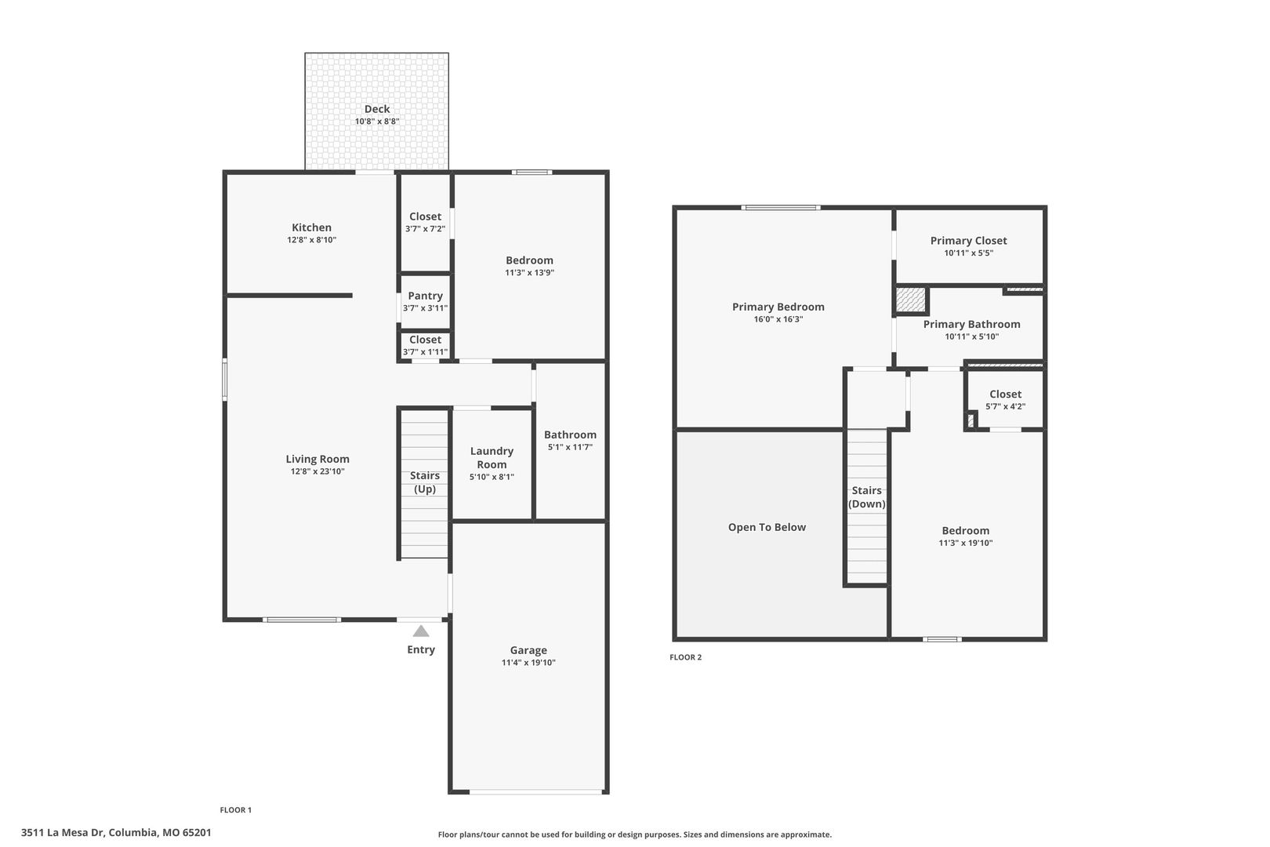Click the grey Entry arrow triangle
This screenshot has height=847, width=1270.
pyautogui.click(x=421, y=631)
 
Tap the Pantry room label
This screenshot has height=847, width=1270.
pyautogui.click(x=425, y=296)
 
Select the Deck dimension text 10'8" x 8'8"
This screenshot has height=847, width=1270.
pyautogui.click(x=377, y=122)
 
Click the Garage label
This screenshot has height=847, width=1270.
pyautogui.click(x=528, y=650)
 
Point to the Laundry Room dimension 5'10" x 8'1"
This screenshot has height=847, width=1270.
pyautogui.click(x=492, y=477)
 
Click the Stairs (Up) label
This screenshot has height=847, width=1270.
pyautogui.click(x=425, y=482)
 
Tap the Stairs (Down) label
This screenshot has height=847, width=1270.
pyautogui.click(x=867, y=497)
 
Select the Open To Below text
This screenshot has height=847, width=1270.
pyautogui.click(x=767, y=527)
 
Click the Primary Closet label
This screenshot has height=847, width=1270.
pyautogui.click(x=968, y=241)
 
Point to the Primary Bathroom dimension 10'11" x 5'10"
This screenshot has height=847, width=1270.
pyautogui.click(x=972, y=336)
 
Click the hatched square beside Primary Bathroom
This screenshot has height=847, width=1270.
pyautogui.click(x=910, y=299)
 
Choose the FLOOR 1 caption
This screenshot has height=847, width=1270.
pyautogui.click(x=236, y=810)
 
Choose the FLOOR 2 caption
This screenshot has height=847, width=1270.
pyautogui.click(x=685, y=657)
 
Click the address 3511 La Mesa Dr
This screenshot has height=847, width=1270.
pyautogui.click(x=63, y=833)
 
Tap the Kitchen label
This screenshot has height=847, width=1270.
pyautogui.click(x=312, y=227)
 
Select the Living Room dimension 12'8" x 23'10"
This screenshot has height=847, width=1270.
pyautogui.click(x=317, y=471)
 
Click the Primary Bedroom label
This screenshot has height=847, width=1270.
pyautogui.click(x=778, y=307)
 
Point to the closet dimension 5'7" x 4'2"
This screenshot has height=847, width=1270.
pyautogui.click(x=1005, y=406)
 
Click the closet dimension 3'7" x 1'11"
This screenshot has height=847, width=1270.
pyautogui.click(x=425, y=352)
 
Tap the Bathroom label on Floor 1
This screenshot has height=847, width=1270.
pyautogui.click(x=571, y=434)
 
